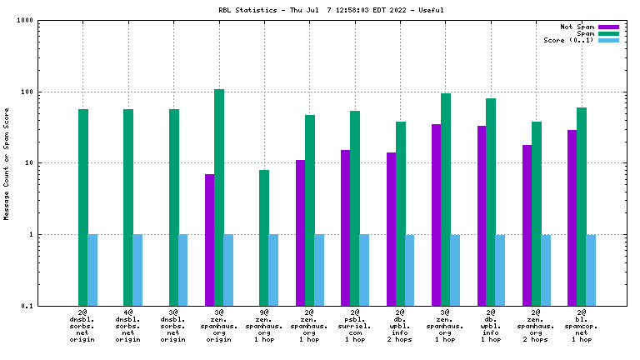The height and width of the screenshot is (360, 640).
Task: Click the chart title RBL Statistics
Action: (320, 11)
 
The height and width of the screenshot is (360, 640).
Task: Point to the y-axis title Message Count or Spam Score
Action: (7, 163)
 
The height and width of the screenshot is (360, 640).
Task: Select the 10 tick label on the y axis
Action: (38, 163)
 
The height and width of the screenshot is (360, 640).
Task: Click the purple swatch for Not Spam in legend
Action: (608, 27)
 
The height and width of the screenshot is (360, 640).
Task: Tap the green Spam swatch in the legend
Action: (608, 33)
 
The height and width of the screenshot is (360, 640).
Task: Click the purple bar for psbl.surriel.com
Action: (345, 227)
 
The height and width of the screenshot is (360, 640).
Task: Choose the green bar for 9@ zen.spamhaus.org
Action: (264, 237)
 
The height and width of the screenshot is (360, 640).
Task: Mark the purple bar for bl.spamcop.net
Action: (572, 217)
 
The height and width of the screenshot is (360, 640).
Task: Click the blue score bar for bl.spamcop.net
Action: (592, 270)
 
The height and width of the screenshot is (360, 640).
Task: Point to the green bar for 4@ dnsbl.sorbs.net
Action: (128, 207)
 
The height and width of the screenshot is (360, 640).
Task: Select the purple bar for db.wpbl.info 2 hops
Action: (391, 229)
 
